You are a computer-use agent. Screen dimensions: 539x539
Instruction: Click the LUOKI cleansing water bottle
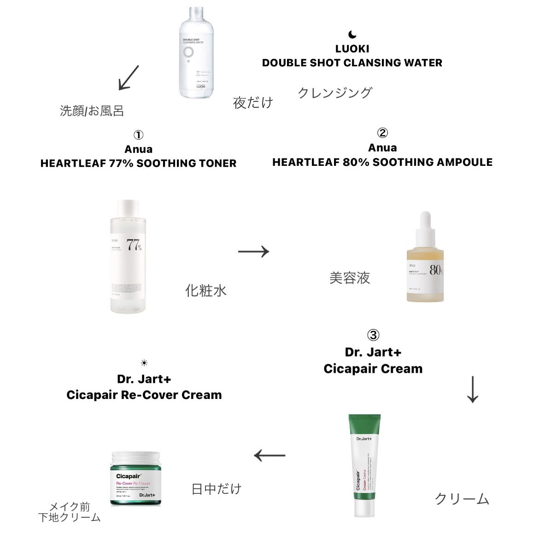(x=196, y=53)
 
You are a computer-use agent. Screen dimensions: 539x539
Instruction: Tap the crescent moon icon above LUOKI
(x=352, y=35)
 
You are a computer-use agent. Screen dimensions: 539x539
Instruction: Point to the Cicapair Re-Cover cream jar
(x=135, y=479)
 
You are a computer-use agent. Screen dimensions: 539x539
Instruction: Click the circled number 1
(x=138, y=135)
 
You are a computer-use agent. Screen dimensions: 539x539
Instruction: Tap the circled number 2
(x=382, y=133)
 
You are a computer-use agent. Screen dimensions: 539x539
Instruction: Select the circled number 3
(x=373, y=335)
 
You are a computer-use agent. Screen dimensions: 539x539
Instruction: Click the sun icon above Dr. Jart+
(x=144, y=363)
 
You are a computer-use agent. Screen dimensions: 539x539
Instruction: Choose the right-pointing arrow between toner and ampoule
(x=253, y=252)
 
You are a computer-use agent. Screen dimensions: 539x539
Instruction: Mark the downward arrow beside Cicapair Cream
(x=473, y=389)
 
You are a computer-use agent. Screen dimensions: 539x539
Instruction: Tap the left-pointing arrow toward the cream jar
(x=270, y=456)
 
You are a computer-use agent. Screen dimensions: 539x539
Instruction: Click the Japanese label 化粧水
(x=205, y=290)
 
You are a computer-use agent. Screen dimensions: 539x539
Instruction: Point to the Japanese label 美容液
(x=350, y=278)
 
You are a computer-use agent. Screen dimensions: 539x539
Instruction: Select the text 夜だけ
(x=253, y=102)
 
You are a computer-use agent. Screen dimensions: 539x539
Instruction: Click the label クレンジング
(x=334, y=93)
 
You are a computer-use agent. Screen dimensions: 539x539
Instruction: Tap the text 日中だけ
(x=216, y=488)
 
